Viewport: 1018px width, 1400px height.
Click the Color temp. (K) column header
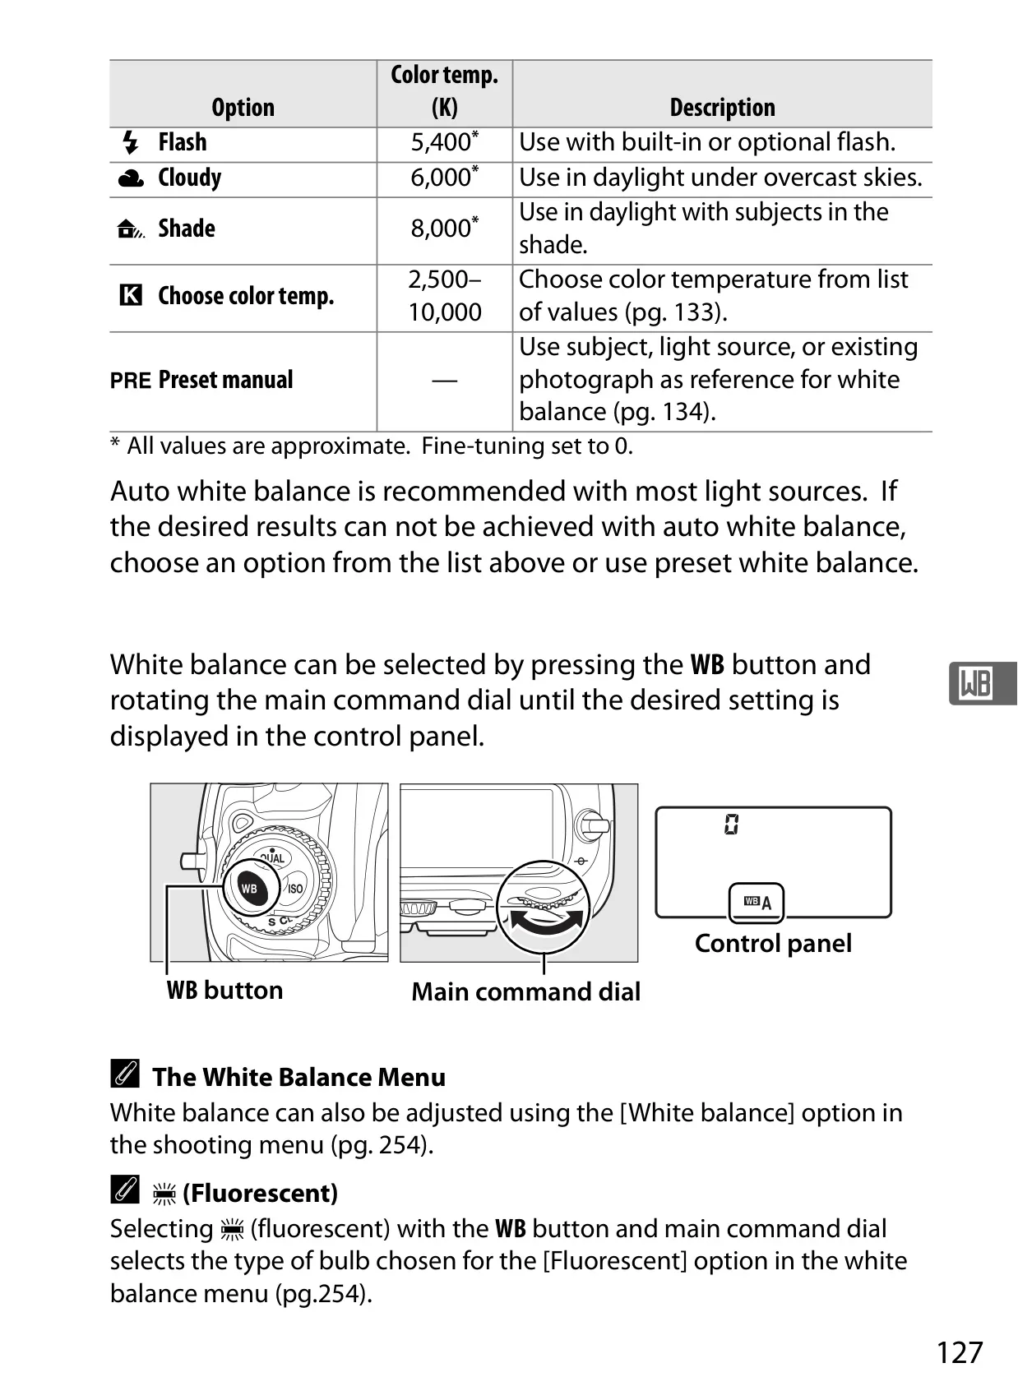[444, 91]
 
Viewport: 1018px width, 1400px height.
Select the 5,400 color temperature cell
[444, 142]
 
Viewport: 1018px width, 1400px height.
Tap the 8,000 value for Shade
[444, 228]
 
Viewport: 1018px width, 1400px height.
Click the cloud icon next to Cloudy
[131, 178]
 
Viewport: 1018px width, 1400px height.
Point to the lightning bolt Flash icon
[130, 142]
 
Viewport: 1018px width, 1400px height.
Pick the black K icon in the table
[131, 294]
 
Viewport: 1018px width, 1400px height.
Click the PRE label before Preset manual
[131, 381]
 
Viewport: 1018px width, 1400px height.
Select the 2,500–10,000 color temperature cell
[445, 296]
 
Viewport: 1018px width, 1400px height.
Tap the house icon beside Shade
[131, 229]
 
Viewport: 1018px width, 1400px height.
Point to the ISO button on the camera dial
[295, 888]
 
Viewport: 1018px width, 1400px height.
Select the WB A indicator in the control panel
[757, 902]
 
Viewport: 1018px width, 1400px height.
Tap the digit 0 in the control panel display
[731, 825]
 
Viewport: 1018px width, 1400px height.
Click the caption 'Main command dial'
[526, 992]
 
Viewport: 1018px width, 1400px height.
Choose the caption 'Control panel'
[773, 944]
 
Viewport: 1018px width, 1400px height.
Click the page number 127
[960, 1352]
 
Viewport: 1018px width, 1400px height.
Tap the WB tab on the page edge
[983, 684]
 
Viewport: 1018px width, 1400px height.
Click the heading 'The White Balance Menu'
[298, 1078]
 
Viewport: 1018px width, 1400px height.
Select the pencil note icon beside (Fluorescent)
[124, 1190]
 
